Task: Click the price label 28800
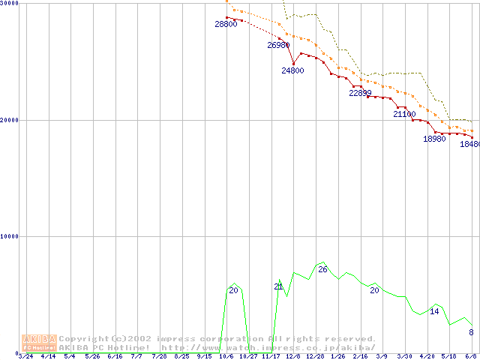226,24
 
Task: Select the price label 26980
278,45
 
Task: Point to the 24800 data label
292,70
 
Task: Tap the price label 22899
360,93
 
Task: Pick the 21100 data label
404,115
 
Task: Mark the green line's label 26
322,269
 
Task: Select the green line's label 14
434,311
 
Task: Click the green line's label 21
278,286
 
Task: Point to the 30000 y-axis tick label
10,3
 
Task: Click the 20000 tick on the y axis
10,120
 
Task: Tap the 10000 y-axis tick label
10,236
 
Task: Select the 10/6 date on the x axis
226,356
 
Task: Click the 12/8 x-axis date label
293,356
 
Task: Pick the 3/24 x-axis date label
25,356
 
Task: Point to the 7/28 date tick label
159,356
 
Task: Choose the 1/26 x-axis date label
337,356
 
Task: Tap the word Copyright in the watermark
84,339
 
